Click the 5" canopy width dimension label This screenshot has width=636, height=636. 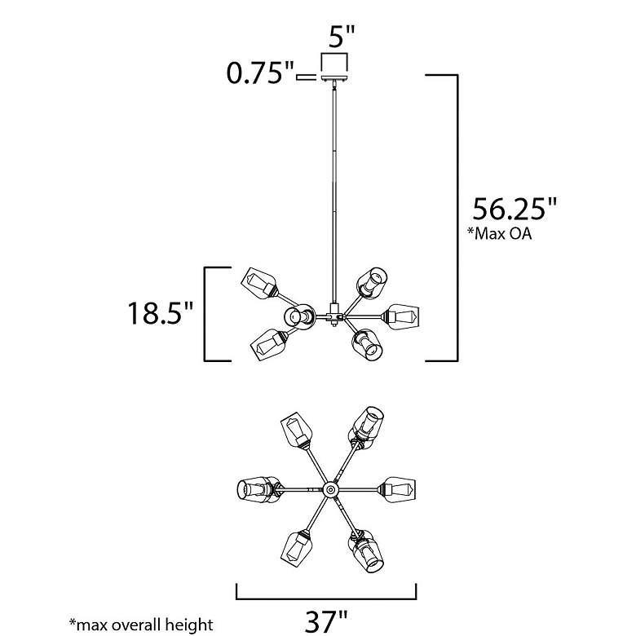coord(342,37)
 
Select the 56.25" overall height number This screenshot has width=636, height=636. coord(515,209)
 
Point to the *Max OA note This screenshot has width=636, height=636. coord(499,234)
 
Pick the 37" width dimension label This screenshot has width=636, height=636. coord(326,621)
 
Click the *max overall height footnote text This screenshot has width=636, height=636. coord(141,625)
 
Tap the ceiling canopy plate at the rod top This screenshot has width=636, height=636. coord(334,78)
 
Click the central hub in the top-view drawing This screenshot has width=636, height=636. coord(330,489)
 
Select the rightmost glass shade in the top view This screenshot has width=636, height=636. coord(398,489)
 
